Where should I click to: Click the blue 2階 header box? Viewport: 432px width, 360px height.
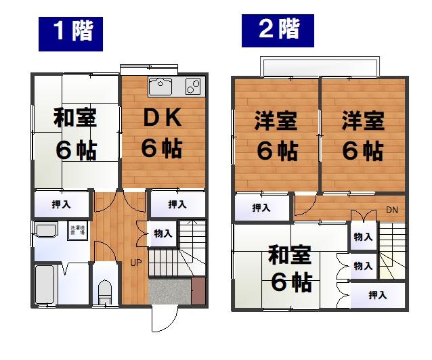[278, 29]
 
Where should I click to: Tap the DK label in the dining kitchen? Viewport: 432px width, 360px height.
[163, 118]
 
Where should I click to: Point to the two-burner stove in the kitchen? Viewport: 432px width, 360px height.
[193, 87]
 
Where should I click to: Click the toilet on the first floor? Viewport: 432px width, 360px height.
[104, 292]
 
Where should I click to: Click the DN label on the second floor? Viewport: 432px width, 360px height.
[391, 210]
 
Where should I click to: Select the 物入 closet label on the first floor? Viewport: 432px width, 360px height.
[163, 233]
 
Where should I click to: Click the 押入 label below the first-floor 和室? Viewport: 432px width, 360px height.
[62, 204]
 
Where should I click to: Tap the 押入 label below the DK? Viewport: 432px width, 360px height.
[177, 204]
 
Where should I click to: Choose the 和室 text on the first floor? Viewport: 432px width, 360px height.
[75, 119]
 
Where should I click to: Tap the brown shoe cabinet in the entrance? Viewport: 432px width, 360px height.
[198, 290]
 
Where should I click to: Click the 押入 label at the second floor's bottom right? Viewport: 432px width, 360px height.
[378, 295]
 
